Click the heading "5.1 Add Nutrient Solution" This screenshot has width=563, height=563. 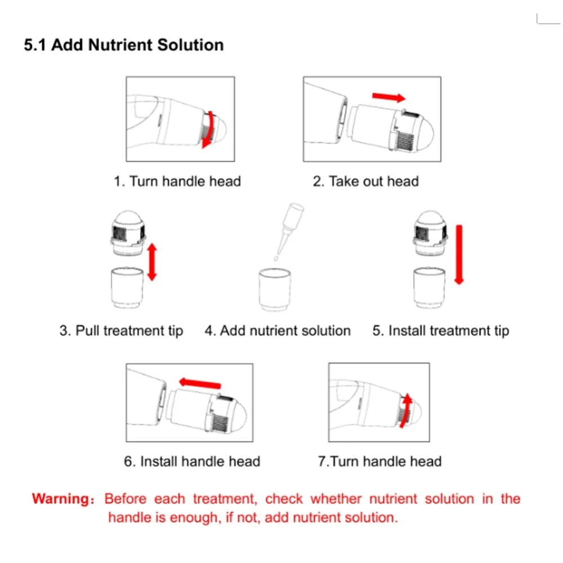123,45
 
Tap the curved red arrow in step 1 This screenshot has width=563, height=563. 211,129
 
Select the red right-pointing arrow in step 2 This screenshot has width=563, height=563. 389,97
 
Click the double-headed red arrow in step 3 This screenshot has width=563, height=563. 152,262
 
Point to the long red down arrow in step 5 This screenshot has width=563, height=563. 459,254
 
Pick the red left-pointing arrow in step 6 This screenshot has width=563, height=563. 200,383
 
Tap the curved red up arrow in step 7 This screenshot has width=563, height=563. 406,411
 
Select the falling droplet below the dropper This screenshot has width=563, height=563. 276,258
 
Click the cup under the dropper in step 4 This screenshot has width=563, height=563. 275,290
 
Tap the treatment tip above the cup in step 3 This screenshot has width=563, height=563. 128,233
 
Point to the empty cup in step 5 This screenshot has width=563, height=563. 430,288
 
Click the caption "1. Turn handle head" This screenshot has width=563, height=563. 177,181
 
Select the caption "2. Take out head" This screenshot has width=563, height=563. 365,181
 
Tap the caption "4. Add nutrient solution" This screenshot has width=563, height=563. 278,330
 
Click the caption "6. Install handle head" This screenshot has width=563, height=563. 192,462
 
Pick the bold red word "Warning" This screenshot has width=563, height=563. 61,499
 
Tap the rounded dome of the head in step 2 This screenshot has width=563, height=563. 425,133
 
